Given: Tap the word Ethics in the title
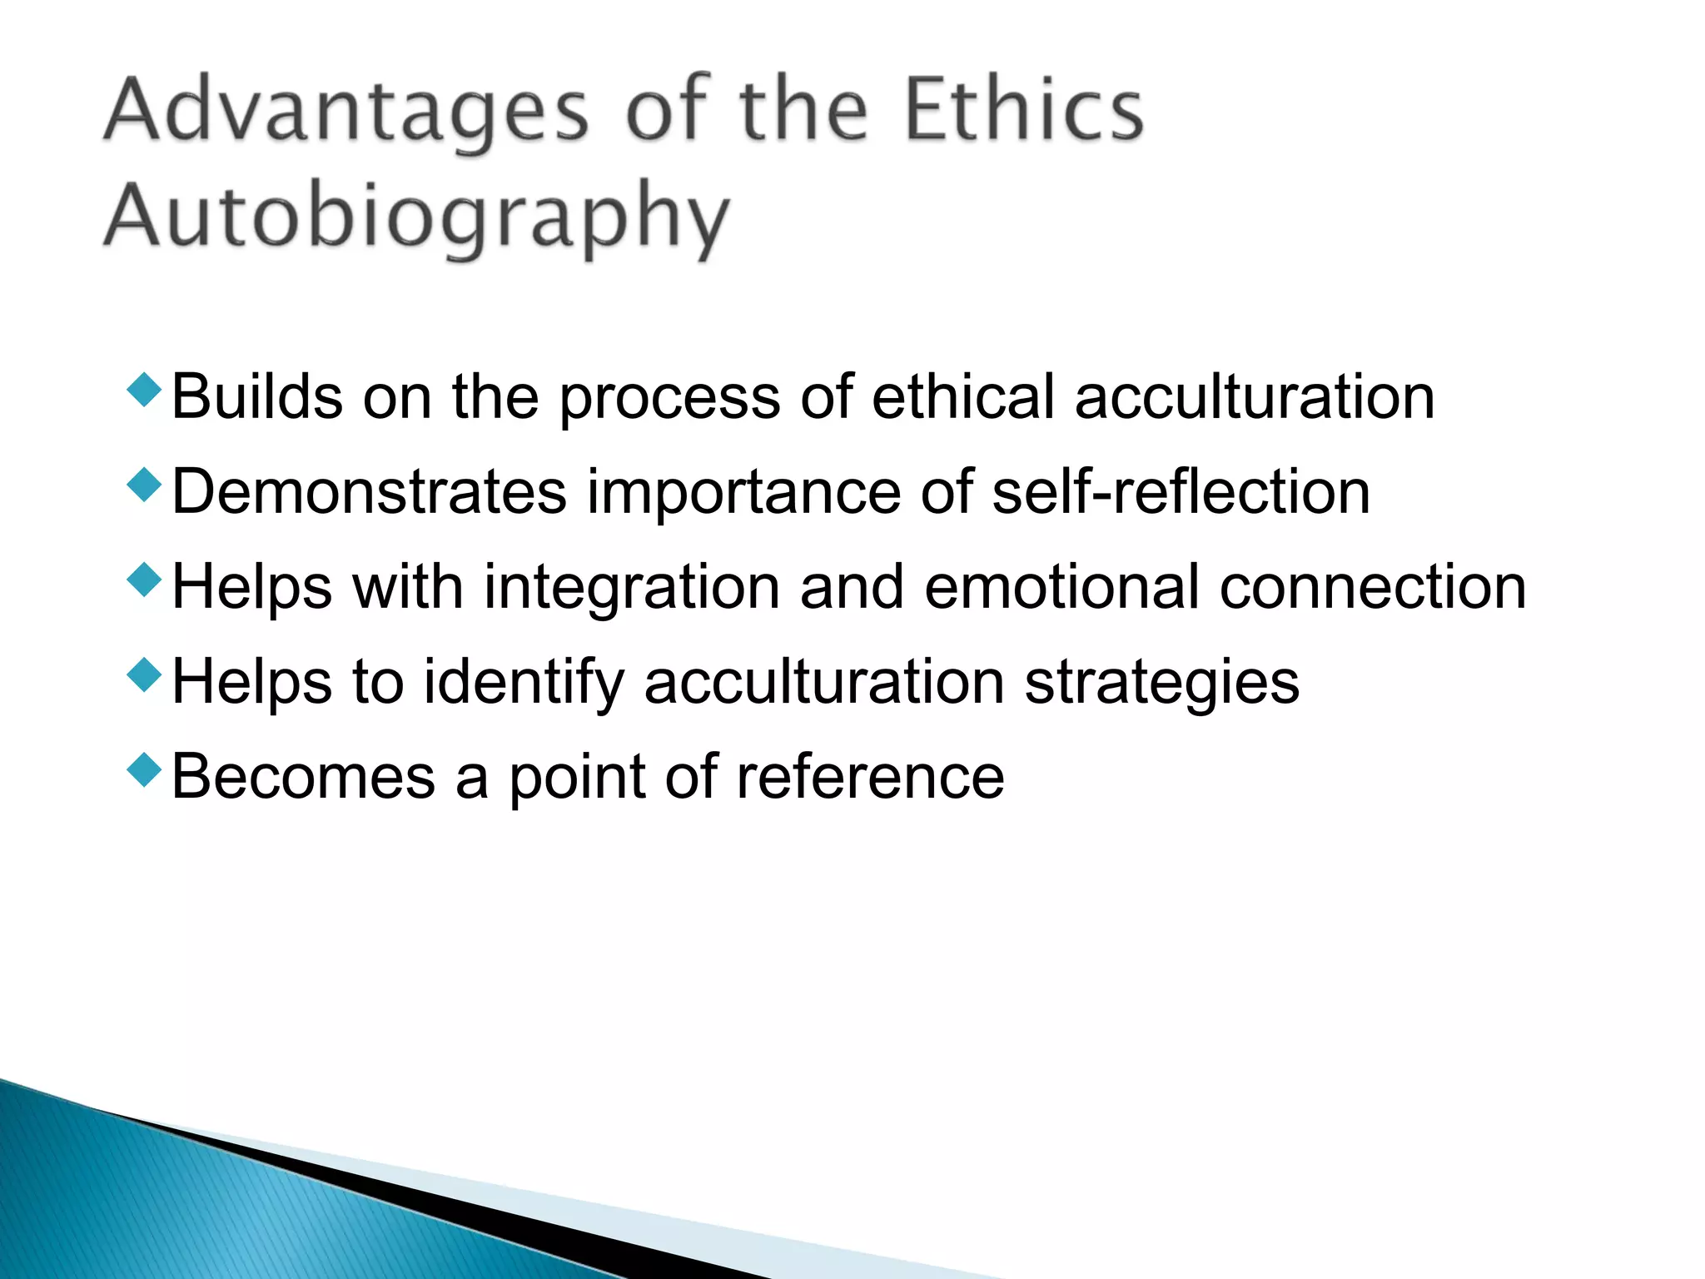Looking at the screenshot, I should [1024, 110].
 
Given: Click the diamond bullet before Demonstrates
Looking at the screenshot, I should [144, 485].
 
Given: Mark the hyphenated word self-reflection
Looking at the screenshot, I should [1181, 492].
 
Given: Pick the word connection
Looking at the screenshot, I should [1373, 588].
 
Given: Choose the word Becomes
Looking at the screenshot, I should [304, 778].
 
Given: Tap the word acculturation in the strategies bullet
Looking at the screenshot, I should [824, 683].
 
